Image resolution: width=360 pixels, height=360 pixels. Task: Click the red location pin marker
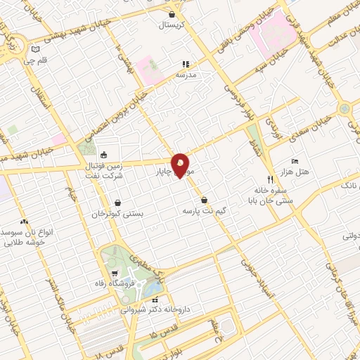click(181, 165)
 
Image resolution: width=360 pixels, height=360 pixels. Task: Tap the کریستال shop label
click(172, 25)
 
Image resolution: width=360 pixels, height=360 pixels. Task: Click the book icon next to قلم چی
click(35, 50)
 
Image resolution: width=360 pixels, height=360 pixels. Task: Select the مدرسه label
click(193, 73)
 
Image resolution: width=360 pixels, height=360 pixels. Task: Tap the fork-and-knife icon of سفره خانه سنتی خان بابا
click(269, 179)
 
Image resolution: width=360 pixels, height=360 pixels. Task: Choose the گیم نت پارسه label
click(204, 210)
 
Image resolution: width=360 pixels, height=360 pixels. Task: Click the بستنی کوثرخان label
click(118, 212)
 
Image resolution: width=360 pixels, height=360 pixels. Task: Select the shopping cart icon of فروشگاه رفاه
click(114, 273)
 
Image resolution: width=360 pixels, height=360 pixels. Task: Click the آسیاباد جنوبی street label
click(255, 276)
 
